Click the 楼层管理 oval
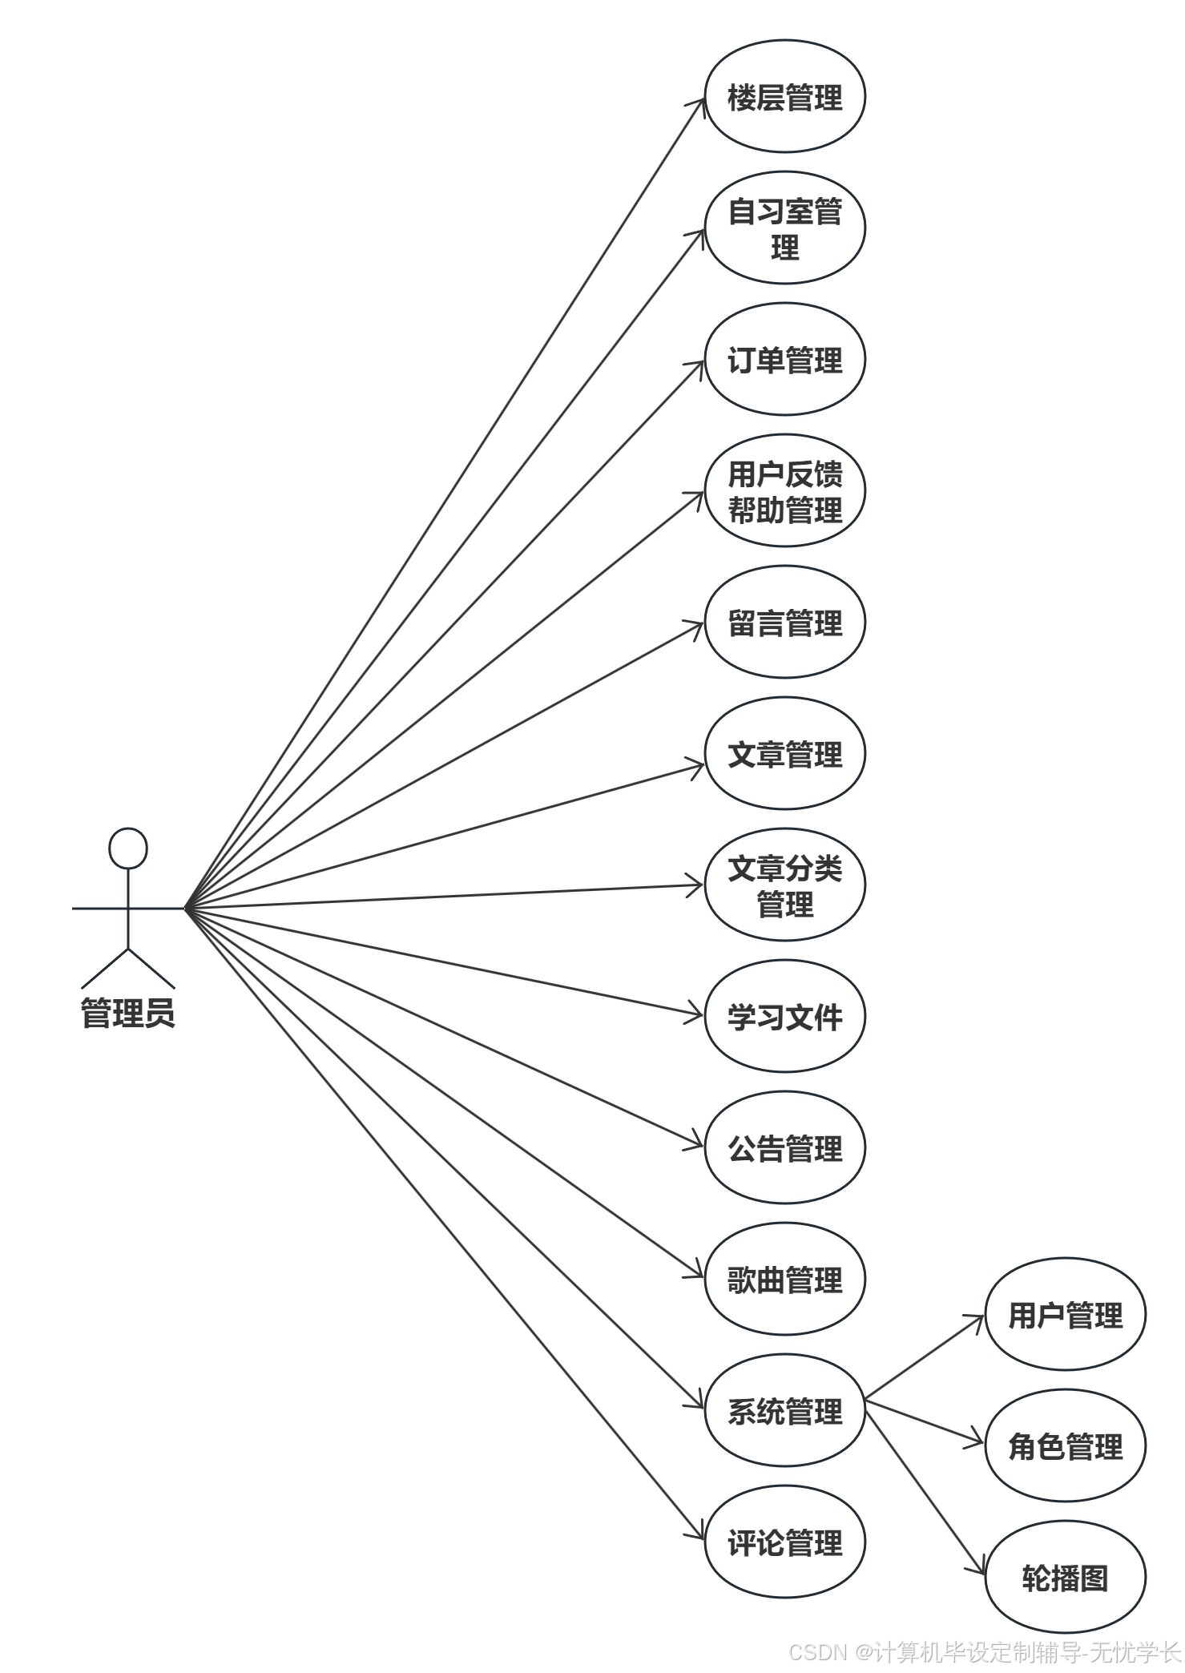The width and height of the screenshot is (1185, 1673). [784, 97]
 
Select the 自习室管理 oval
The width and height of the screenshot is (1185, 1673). [784, 228]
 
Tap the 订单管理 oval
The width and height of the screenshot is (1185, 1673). [784, 360]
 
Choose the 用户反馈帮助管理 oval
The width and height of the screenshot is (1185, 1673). [784, 491]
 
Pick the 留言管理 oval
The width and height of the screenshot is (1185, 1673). [784, 623]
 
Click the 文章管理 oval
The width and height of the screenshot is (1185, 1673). [784, 754]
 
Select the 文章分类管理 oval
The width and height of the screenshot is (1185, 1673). [784, 885]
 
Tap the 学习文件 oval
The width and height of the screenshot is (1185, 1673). [784, 1017]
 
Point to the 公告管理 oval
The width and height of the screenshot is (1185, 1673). [784, 1148]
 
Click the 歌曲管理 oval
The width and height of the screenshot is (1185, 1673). [784, 1280]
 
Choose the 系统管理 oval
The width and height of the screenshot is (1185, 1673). [784, 1411]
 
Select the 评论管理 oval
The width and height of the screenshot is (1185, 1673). [784, 1542]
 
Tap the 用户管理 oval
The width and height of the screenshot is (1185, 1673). [1065, 1315]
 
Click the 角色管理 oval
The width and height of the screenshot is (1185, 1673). [1065, 1446]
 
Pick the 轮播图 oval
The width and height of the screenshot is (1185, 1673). [1065, 1578]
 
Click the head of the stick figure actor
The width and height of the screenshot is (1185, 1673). [128, 848]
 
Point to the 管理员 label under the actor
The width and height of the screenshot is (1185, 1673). [128, 1013]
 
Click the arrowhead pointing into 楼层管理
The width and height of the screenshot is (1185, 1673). [699, 103]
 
